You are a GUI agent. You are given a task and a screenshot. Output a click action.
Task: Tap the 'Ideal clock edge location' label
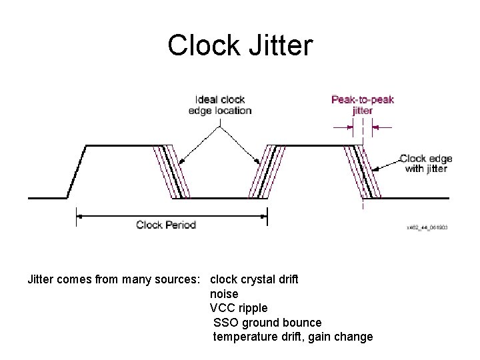click(x=220, y=105)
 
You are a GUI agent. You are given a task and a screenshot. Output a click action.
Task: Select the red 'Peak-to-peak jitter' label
click(x=363, y=105)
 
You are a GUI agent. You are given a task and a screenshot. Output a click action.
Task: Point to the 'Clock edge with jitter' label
click(x=426, y=163)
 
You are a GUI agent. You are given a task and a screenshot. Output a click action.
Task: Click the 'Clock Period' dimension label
click(x=166, y=225)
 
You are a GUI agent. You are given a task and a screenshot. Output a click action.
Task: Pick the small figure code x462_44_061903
click(x=427, y=227)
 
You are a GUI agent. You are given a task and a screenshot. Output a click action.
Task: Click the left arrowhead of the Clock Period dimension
click(x=79, y=215)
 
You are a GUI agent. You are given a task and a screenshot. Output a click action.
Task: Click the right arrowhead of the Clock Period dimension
click(x=264, y=215)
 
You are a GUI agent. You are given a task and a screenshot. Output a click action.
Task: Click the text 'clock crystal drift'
click(x=254, y=279)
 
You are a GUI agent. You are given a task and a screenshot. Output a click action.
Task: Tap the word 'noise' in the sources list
click(x=224, y=293)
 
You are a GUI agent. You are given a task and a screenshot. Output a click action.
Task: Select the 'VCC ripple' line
click(x=239, y=308)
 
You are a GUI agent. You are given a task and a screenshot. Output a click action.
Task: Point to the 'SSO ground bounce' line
click(x=267, y=323)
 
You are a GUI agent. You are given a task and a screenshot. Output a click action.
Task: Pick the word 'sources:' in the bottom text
click(x=184, y=279)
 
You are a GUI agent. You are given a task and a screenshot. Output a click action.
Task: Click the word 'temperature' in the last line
click(x=245, y=337)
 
